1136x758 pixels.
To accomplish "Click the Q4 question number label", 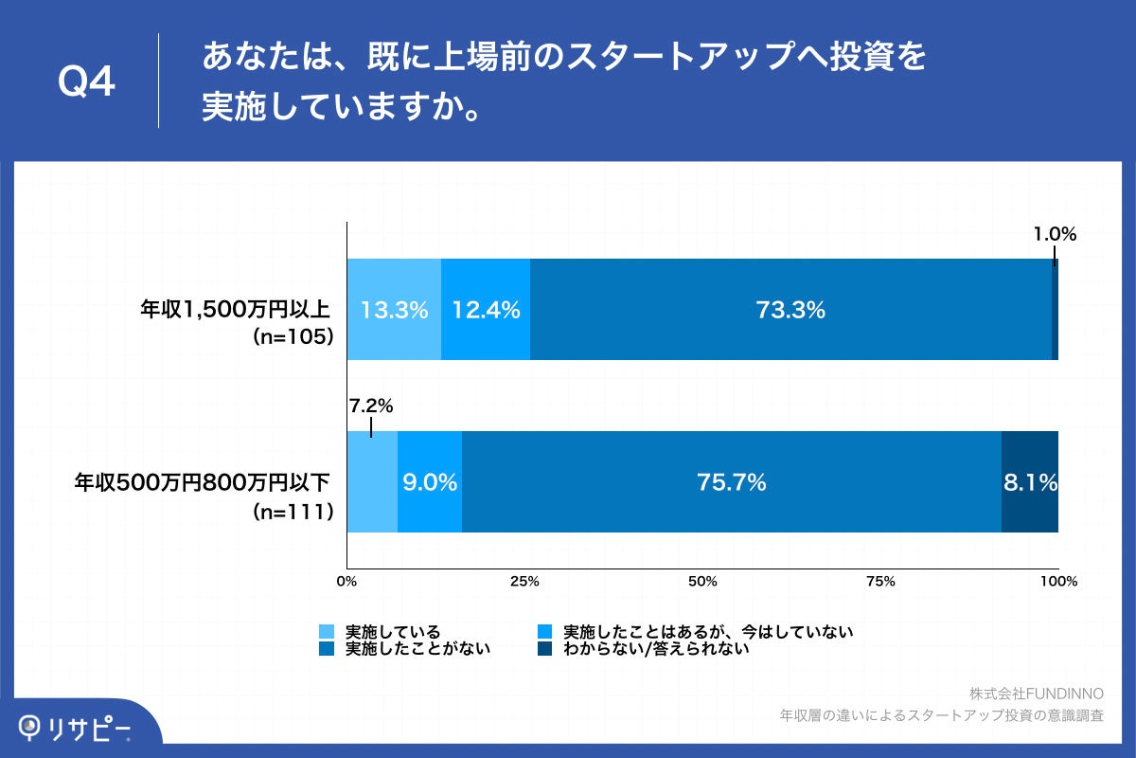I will click(86, 82).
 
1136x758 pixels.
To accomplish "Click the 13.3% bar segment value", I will click(394, 310).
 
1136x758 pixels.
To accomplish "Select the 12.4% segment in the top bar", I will click(486, 310).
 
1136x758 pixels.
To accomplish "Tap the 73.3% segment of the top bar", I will click(790, 310).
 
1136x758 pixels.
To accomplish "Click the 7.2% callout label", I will click(370, 406).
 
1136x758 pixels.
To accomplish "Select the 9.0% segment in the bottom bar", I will click(430, 482).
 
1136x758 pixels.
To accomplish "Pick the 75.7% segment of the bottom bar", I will click(731, 482).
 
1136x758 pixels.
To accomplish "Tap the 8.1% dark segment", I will click(1030, 482).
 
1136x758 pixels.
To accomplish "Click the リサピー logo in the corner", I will click(76, 727).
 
